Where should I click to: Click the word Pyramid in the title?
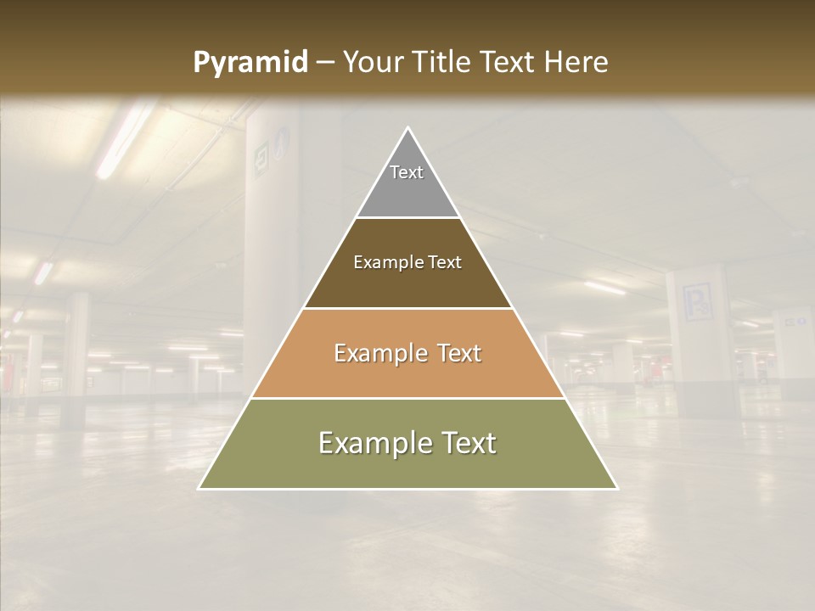click(250, 63)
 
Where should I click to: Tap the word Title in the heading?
click(443, 63)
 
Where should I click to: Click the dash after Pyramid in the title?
click(324, 63)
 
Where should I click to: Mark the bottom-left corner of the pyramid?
click(200, 488)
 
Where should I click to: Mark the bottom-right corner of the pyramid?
click(617, 488)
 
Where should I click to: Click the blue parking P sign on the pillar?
click(696, 302)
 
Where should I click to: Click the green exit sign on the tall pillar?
click(261, 158)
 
